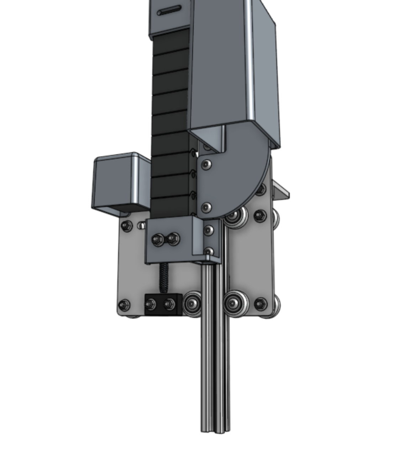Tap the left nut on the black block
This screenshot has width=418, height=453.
point(150,304)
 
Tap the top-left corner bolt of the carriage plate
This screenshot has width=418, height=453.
point(126,226)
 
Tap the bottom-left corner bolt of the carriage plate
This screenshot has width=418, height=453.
point(124,305)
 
